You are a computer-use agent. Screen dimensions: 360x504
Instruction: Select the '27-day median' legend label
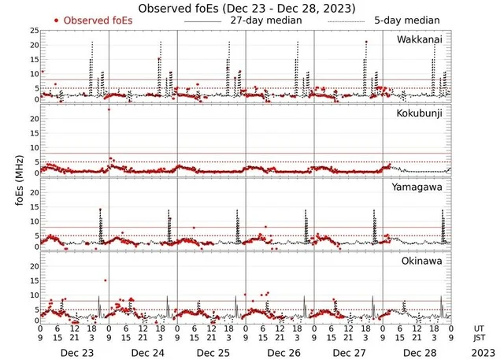coord(265,20)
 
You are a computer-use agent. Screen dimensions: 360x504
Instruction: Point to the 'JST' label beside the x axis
coord(481,339)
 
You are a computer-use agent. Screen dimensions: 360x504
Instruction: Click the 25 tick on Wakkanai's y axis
coord(34,30)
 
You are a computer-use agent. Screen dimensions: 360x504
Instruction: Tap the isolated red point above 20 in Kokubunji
coord(109,109)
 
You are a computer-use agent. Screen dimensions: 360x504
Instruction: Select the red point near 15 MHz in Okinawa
coord(105,280)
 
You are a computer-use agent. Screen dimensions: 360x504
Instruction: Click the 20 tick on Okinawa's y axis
coord(34,266)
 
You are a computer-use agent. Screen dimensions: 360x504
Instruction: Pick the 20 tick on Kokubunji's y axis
coord(34,119)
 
